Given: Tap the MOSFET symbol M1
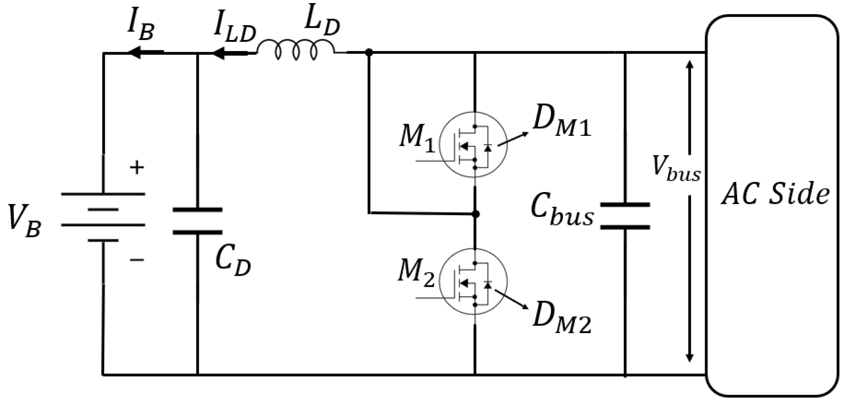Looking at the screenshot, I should [473, 145].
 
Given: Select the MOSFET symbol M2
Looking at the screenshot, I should [473, 282].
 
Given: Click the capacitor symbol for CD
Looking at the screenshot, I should [198, 221].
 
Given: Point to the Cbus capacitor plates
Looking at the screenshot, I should [625, 215].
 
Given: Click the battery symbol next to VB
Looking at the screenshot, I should [103, 217].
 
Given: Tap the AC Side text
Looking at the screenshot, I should [776, 194].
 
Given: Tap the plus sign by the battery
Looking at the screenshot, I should [137, 167].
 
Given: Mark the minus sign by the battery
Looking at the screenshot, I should [137, 260].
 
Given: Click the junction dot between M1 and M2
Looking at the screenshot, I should [476, 214].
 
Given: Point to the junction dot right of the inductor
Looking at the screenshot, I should [369, 53].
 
